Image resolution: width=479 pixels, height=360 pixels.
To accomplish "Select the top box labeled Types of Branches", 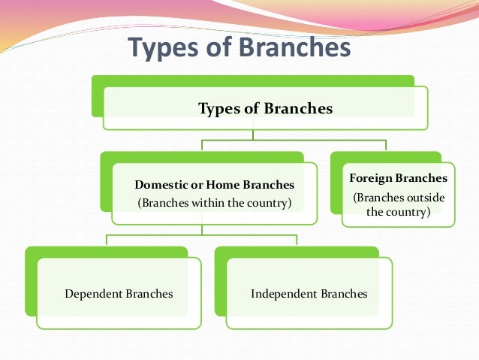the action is [264, 108].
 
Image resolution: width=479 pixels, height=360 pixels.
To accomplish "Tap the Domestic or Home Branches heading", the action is [214, 184].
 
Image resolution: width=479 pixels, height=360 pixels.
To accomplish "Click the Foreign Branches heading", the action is [399, 178].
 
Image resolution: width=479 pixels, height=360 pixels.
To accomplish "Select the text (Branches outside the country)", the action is [399, 204].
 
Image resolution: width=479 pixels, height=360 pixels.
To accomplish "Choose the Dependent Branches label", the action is [119, 293].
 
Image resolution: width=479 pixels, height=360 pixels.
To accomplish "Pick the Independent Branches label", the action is [309, 293].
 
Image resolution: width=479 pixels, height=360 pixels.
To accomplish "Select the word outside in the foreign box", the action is [425, 198].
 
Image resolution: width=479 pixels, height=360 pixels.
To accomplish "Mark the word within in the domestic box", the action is [206, 202].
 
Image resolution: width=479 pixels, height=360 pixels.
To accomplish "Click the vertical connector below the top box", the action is [253, 135].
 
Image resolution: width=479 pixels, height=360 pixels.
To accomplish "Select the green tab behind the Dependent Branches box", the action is [105, 253].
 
